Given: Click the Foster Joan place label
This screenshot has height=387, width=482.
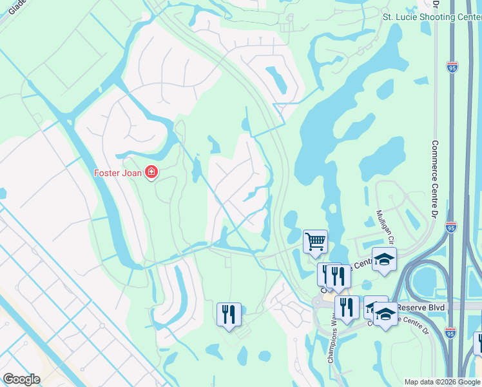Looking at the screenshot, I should click(119, 172).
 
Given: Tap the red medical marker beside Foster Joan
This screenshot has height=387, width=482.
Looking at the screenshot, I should click(151, 172).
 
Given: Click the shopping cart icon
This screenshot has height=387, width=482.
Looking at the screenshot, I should click(315, 242).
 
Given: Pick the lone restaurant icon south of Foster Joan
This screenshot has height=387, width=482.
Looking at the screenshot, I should click(229, 315).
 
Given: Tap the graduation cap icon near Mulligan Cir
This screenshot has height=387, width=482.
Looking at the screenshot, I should click(384, 259).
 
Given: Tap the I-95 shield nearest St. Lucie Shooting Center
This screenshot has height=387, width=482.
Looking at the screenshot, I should click(452, 66).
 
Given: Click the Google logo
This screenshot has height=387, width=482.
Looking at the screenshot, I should click(22, 379).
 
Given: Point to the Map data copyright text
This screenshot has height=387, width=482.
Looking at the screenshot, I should click(442, 382).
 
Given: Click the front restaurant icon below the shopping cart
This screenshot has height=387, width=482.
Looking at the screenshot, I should click(338, 275).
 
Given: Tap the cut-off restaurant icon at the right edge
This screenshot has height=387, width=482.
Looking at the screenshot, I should click(479, 342).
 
